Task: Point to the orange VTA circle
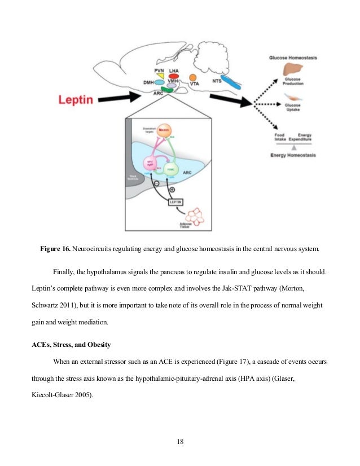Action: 193,77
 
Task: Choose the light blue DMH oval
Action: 160,82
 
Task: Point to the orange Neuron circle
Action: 164,131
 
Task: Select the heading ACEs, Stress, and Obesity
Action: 70,345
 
